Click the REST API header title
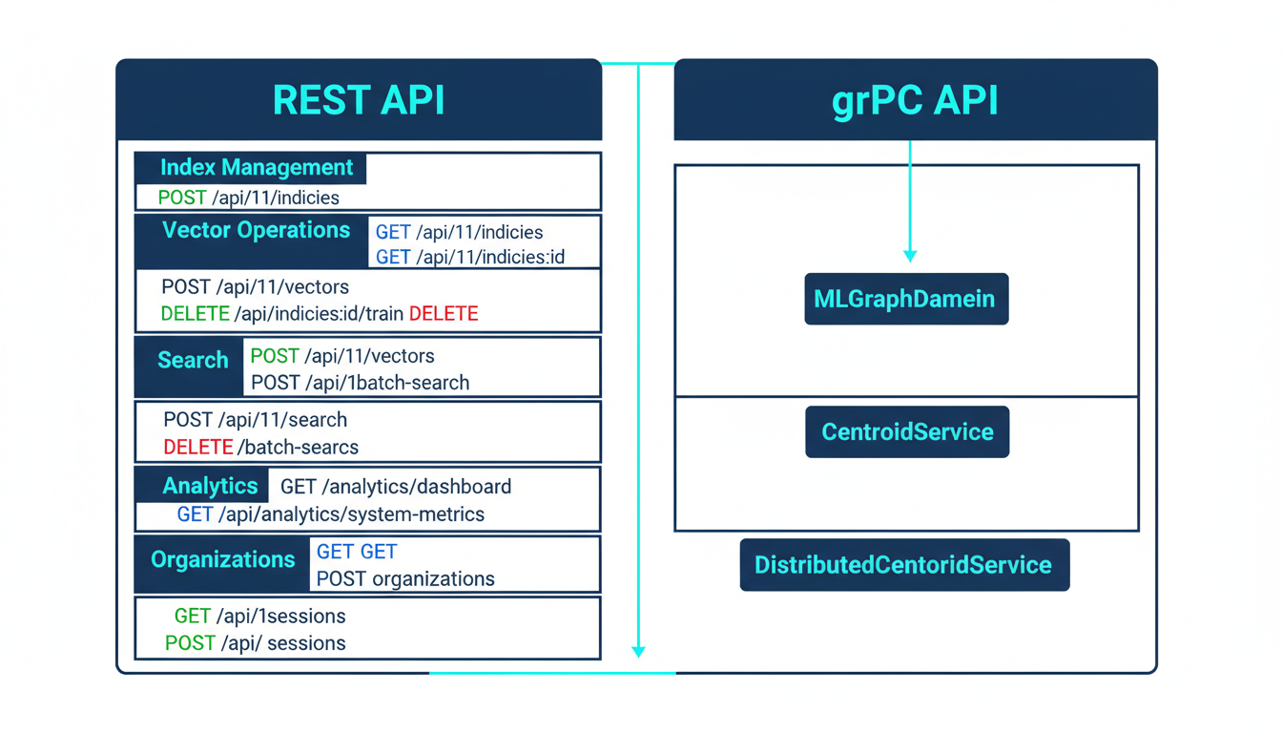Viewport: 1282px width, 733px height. [359, 100]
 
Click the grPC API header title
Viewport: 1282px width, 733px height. [915, 100]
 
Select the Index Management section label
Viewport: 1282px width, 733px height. [256, 168]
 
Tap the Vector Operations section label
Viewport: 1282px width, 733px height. [256, 230]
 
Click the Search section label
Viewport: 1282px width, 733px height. [193, 361]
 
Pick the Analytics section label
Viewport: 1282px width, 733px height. [210, 486]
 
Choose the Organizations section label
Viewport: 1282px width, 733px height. [222, 559]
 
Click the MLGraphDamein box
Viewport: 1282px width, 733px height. [905, 299]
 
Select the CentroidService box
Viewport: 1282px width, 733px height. [907, 432]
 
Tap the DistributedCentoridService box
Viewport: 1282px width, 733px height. [903, 565]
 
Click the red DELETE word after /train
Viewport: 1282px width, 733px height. [444, 314]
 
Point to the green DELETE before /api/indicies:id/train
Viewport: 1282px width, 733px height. [195, 314]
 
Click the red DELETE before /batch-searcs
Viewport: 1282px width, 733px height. [197, 447]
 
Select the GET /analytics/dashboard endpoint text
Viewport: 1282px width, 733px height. [396, 487]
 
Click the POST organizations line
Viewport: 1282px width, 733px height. [405, 579]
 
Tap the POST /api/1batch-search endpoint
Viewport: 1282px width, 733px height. [360, 383]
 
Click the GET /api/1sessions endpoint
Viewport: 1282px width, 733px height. [259, 617]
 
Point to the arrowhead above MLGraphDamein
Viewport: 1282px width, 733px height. [910, 256]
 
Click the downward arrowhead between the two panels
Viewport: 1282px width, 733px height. [638, 652]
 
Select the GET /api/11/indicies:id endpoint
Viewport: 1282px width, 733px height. [470, 258]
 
